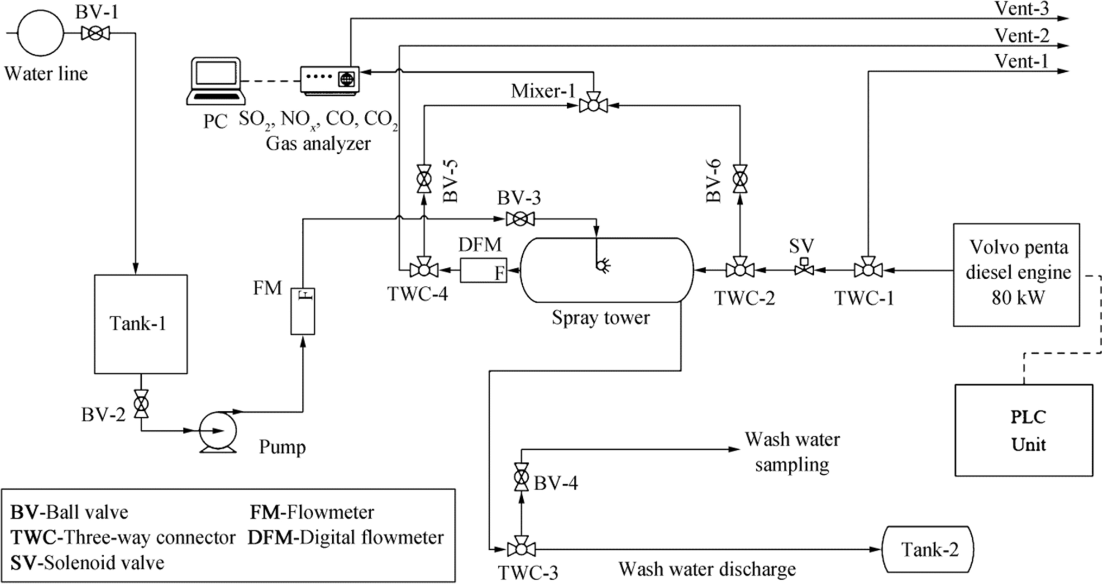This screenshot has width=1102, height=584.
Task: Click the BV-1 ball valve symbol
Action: tap(95, 34)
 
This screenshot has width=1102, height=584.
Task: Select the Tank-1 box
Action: tap(141, 324)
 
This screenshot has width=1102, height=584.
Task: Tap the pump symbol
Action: tap(218, 431)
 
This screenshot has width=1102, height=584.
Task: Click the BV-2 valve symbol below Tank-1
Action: tap(141, 404)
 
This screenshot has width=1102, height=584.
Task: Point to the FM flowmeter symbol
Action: tap(302, 311)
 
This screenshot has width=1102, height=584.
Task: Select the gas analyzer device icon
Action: tap(330, 80)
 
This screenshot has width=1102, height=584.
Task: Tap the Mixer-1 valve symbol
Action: tap(593, 105)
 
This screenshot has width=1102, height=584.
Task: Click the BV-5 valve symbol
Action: tap(423, 179)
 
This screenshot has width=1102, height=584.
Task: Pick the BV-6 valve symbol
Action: tap(739, 179)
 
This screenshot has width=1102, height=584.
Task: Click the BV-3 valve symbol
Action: tap(520, 219)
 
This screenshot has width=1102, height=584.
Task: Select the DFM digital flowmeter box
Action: tap(483, 270)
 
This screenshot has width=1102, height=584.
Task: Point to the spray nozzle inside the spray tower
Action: tap(603, 266)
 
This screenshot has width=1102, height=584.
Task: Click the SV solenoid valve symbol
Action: tap(804, 268)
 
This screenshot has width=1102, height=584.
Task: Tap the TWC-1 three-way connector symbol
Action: tap(868, 269)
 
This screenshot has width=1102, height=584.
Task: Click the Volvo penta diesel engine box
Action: tap(1016, 274)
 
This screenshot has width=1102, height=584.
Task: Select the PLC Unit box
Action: tap(1024, 430)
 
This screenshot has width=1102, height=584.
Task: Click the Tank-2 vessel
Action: tap(929, 549)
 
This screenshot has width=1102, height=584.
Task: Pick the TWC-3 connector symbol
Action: tap(521, 549)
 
